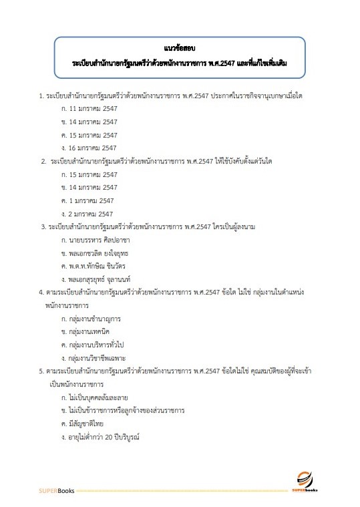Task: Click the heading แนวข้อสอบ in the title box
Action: click(x=180, y=48)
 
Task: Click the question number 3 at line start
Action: click(x=43, y=226)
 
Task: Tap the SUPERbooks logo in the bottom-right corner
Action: click(x=309, y=482)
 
